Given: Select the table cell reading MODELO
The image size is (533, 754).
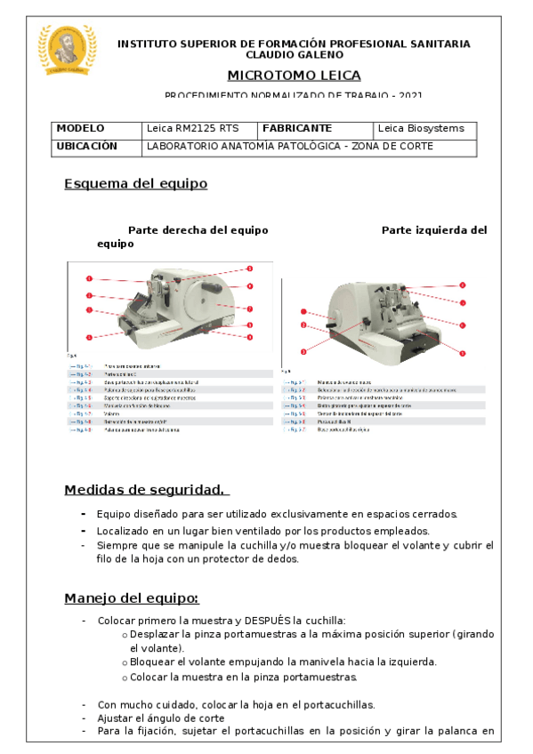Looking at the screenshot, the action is (81, 129).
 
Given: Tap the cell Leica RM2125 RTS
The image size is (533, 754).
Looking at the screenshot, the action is (192, 129).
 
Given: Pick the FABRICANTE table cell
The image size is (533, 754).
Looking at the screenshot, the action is (297, 129).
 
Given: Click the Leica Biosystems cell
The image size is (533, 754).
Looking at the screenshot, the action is (422, 129).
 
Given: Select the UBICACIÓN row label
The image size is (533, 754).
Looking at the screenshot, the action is (87, 147).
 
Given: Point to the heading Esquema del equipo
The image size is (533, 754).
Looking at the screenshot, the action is (135, 184).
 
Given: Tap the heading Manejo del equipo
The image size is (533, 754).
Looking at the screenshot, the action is (132, 598).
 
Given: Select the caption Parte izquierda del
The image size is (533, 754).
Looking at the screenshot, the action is (433, 230).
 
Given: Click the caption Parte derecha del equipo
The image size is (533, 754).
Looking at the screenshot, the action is (198, 230).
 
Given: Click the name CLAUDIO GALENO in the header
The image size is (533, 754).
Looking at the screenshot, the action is (295, 54).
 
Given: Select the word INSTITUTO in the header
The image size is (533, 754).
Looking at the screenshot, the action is (149, 44).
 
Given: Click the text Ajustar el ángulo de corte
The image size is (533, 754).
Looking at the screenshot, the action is (161, 718).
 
